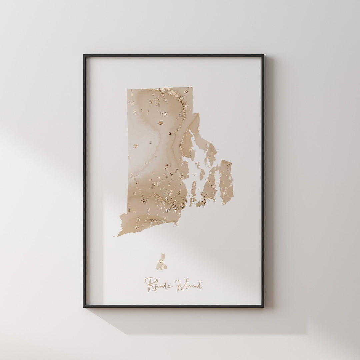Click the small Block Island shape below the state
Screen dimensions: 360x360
click(x=162, y=263)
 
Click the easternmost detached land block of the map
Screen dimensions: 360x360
click(x=226, y=182)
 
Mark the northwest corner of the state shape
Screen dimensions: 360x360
click(x=127, y=90)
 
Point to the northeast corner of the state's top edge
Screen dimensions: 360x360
click(x=192, y=88)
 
